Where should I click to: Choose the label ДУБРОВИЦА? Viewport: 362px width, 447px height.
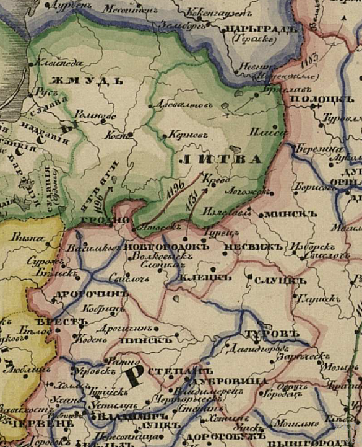coord(222,381)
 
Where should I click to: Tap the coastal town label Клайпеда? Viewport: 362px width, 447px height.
coord(54,62)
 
